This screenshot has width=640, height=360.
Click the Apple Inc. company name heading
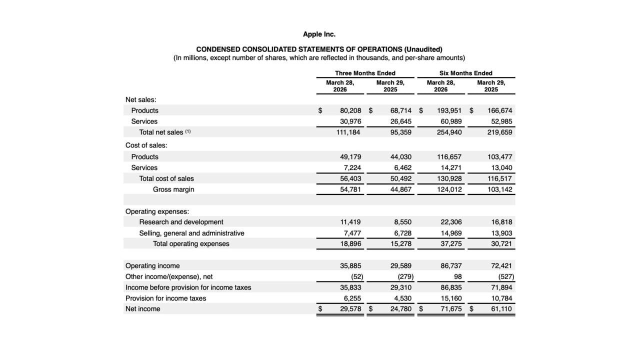[x=319, y=34]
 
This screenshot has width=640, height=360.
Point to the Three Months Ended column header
[x=365, y=73]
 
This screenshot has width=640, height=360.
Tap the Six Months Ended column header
[x=465, y=73]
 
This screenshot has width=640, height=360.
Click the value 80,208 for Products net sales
[x=350, y=110]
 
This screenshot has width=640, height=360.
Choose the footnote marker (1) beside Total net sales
[x=188, y=132]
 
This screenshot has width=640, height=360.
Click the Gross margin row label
[x=173, y=189]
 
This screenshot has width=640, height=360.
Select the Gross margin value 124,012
[x=449, y=189]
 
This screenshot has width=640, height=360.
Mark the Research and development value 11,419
[x=350, y=222]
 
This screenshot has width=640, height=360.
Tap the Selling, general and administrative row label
[x=191, y=233]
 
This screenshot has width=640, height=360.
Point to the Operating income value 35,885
[x=350, y=266]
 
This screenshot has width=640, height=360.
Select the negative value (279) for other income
[x=405, y=276]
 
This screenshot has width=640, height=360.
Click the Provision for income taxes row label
[x=165, y=298]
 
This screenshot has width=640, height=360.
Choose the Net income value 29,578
[x=350, y=309]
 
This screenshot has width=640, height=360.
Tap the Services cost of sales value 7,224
[x=352, y=168]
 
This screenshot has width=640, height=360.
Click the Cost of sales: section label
[x=146, y=145]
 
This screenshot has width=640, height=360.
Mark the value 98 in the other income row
[x=457, y=276]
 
